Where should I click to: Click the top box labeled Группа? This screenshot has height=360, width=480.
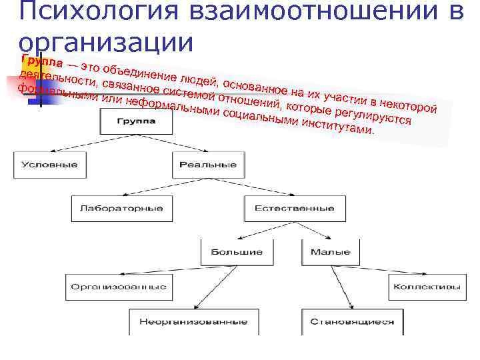pos(137,121)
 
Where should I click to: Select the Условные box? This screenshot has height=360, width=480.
pos(49,165)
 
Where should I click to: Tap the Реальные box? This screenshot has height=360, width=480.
pos(208,165)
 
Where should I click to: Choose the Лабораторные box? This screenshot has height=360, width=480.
pos(121,208)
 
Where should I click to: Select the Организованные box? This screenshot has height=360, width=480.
pos(117,287)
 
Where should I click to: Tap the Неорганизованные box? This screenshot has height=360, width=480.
pos(193,321)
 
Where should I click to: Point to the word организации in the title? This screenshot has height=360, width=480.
pos(107,41)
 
